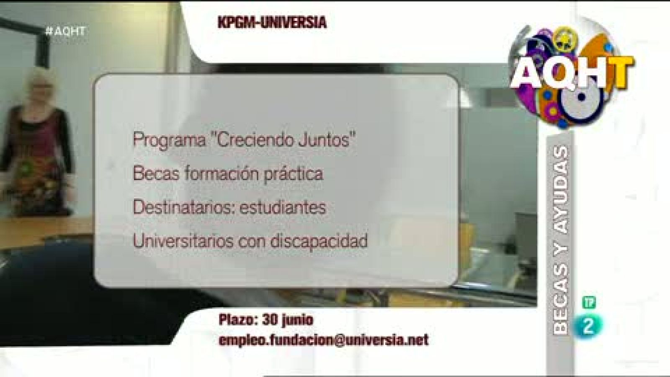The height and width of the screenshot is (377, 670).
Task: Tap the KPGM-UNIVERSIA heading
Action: point(272,22)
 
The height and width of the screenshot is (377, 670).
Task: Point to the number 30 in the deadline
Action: point(270,320)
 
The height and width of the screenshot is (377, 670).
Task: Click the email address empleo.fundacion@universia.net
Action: point(323,340)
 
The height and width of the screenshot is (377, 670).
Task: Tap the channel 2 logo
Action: point(588,325)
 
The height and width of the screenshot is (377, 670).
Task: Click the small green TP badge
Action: point(589,302)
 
